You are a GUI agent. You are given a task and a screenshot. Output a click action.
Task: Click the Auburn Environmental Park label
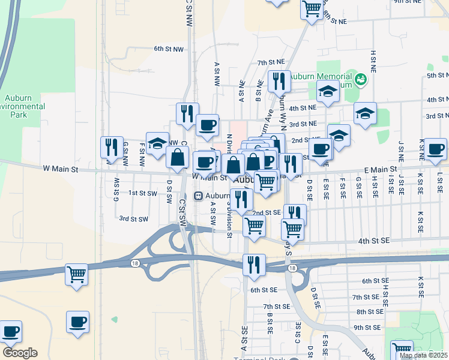[24, 106]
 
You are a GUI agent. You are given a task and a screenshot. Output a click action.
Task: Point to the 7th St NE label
[271, 62]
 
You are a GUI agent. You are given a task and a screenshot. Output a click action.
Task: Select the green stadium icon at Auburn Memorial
[361, 79]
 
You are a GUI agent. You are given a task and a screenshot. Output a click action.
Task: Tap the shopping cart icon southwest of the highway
[77, 275]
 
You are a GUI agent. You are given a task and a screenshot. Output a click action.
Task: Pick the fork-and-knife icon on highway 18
[254, 264]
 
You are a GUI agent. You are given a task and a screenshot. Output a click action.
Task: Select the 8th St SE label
[370, 312]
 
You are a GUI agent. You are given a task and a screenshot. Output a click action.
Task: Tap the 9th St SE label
[367, 327]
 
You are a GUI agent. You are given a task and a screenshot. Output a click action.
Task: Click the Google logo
[20, 353]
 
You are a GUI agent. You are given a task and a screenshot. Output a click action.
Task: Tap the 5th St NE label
[438, 76]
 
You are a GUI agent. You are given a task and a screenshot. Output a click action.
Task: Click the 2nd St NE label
[304, 140]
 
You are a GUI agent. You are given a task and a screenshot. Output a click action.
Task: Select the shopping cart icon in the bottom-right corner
[402, 350]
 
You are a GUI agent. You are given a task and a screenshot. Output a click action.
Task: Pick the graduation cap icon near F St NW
[157, 143]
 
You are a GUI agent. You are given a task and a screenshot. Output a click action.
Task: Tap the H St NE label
[373, 61]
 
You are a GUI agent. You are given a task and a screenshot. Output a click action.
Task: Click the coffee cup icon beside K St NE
[435, 148]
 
